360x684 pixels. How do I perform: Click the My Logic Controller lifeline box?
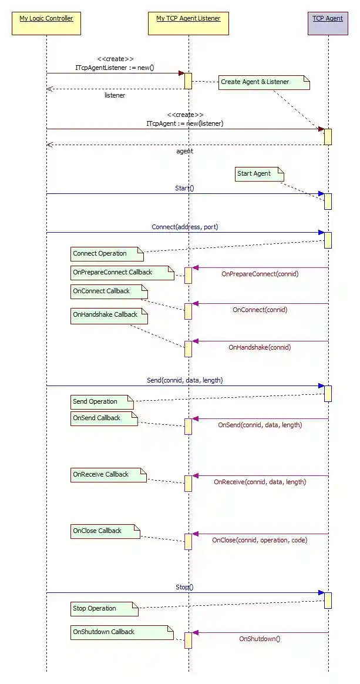[46, 24]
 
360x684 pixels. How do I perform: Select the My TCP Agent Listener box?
[189, 24]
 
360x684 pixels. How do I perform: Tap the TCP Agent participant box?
[328, 24]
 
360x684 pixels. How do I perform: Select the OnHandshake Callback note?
[109, 316]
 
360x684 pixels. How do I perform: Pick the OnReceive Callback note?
[108, 475]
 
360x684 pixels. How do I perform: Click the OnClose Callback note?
[105, 531]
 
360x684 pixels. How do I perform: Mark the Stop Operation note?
[105, 609]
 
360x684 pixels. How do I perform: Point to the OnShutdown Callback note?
[122, 632]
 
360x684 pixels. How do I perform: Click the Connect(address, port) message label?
[184, 227]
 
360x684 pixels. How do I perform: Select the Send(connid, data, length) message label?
[184, 381]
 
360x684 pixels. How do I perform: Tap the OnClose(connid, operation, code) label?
[260, 540]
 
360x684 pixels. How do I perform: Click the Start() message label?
[184, 188]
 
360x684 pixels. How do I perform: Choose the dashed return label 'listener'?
[115, 95]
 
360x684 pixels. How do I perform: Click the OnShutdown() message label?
[260, 638]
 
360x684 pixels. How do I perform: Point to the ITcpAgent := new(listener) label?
[184, 124]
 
